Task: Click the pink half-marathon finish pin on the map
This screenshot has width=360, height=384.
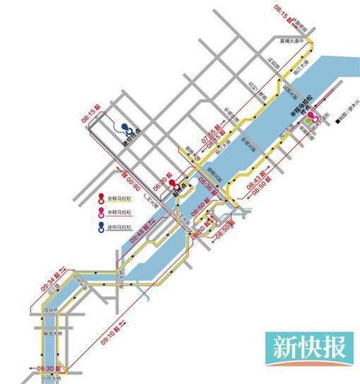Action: tap(312, 115)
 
